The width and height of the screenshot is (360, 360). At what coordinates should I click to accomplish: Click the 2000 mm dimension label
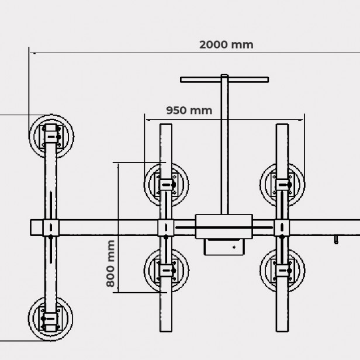click(x=226, y=44)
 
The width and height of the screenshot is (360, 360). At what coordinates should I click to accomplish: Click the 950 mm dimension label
click(x=189, y=110)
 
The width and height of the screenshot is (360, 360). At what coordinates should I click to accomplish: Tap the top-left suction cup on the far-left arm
click(x=51, y=136)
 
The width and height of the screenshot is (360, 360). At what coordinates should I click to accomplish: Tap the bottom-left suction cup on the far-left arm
click(x=51, y=319)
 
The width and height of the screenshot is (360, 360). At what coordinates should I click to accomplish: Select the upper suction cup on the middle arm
click(x=167, y=184)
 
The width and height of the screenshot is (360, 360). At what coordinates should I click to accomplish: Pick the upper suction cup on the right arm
click(x=283, y=184)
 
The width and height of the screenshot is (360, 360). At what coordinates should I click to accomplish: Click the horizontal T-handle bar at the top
click(x=224, y=79)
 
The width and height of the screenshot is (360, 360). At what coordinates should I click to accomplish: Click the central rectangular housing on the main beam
click(x=224, y=226)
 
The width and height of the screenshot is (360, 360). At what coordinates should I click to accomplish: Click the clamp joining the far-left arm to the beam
click(x=51, y=227)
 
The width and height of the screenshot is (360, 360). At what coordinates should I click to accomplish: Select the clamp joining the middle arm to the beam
click(x=167, y=227)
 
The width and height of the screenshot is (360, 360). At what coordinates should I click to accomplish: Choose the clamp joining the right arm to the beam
click(x=283, y=227)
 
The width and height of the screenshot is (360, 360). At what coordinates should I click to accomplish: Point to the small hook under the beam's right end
click(x=336, y=240)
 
